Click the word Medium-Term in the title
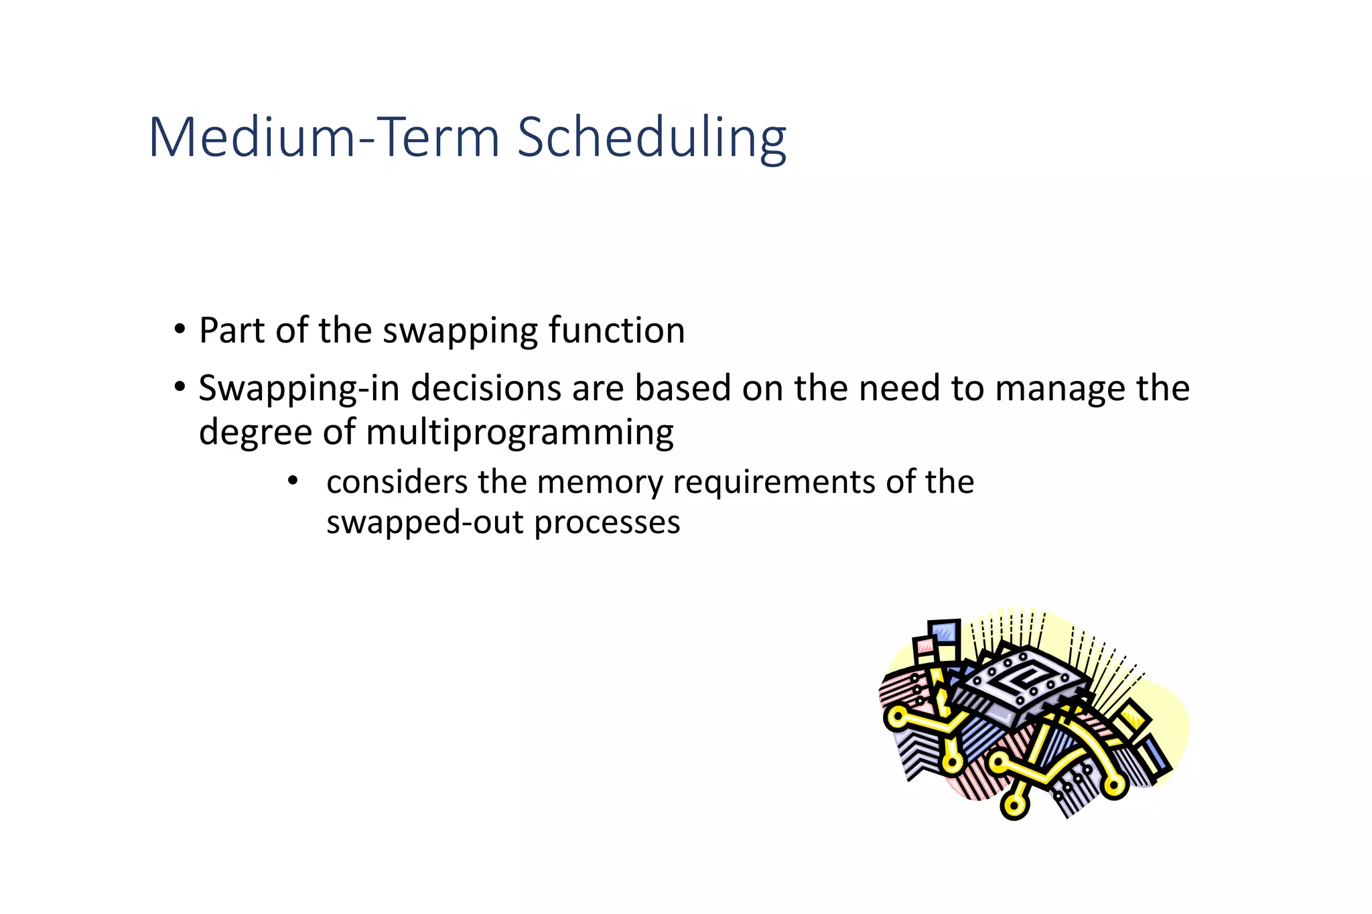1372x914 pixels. (324, 138)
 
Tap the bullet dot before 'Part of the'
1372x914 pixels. (179, 330)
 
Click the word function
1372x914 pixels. (616, 330)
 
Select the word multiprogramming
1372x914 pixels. (519, 433)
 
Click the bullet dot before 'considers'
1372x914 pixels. (292, 481)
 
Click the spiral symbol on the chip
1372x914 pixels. (1022, 676)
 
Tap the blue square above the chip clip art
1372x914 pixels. (945, 632)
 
